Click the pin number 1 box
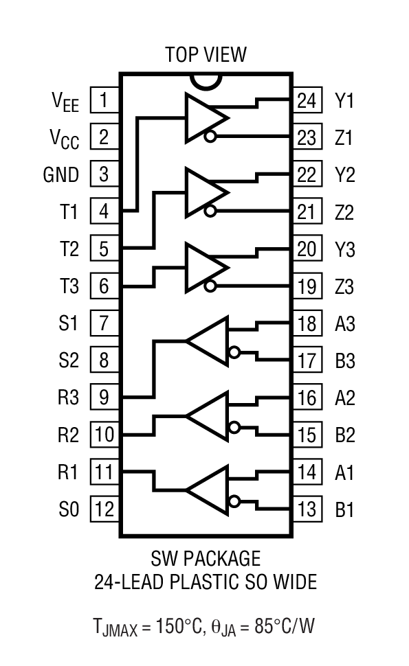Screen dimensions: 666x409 click(x=104, y=101)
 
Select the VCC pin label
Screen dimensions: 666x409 click(x=65, y=139)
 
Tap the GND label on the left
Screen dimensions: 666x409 click(x=61, y=174)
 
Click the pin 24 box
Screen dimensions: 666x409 click(x=307, y=101)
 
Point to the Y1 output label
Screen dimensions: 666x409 click(x=344, y=101)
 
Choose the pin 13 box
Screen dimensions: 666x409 click(x=307, y=509)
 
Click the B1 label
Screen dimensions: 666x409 click(x=344, y=509)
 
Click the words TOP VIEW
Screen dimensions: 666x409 click(x=205, y=54)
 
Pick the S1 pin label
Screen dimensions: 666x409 click(x=69, y=323)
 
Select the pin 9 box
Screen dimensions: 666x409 click(x=104, y=397)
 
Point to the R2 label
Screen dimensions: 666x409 click(x=69, y=435)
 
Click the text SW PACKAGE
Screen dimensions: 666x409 click(x=205, y=558)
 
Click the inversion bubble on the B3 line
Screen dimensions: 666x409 click(x=235, y=353)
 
